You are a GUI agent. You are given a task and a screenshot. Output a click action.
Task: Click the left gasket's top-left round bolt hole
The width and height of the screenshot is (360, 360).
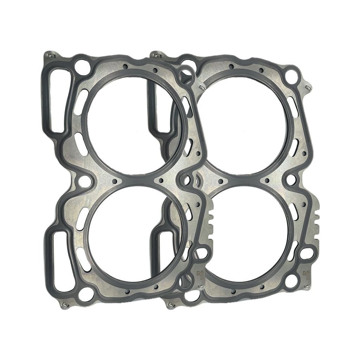click(x=82, y=65)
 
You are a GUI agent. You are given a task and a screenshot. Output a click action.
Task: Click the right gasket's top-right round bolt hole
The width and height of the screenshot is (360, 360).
click(x=291, y=75)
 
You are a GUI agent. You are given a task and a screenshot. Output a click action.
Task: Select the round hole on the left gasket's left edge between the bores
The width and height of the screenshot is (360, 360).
click(x=83, y=182)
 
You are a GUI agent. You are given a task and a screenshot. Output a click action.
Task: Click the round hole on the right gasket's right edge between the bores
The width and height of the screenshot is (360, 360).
click(x=290, y=180)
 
